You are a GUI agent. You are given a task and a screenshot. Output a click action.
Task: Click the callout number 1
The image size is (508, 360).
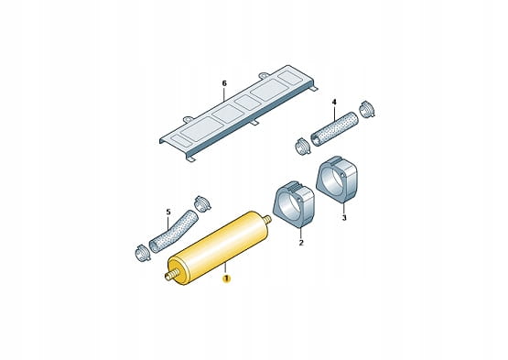[225, 278]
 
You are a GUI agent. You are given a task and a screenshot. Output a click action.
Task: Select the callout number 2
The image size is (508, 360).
[301, 242]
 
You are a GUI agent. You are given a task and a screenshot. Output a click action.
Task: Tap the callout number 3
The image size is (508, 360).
[344, 218]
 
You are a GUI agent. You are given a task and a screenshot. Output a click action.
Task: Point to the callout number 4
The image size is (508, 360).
[334, 103]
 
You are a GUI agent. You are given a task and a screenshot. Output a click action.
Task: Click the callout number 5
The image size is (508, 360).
[168, 212]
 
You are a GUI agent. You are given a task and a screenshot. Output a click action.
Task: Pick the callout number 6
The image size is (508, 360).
[224, 83]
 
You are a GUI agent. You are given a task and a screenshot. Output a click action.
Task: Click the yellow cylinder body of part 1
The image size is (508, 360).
[219, 248]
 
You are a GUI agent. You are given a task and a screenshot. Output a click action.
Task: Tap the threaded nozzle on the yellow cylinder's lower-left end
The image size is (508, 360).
[172, 276]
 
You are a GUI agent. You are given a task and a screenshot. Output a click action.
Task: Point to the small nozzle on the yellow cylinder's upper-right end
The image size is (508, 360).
[267, 220]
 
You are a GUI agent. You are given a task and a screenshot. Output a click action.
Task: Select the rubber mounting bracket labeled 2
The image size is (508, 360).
[294, 203]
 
